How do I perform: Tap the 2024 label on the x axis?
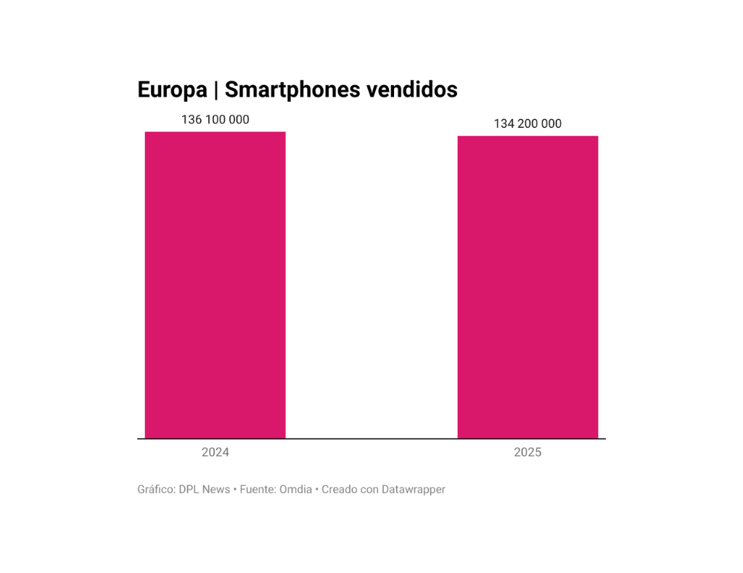[x=215, y=452]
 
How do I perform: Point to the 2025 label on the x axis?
[x=528, y=452]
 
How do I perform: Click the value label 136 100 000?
[x=215, y=120]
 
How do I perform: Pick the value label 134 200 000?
[x=528, y=124]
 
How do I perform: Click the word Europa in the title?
[x=172, y=90]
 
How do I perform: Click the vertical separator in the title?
[x=216, y=90]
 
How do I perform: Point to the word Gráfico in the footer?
[x=156, y=489]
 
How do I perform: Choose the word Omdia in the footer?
[x=295, y=489]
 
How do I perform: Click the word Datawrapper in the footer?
[x=414, y=489]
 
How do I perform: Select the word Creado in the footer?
[x=340, y=489]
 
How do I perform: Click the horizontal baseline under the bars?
[x=371, y=439]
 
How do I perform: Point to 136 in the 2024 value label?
[x=191, y=120]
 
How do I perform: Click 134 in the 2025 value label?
[x=504, y=124]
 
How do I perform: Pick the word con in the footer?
[x=370, y=489]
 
